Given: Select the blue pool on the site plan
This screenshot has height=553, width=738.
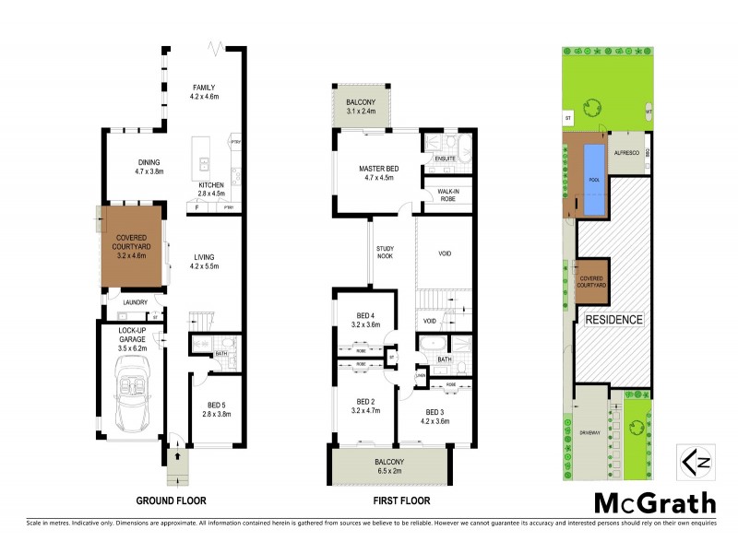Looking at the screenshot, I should [x=592, y=180].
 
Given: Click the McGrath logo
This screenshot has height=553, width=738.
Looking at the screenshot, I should [x=653, y=503].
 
